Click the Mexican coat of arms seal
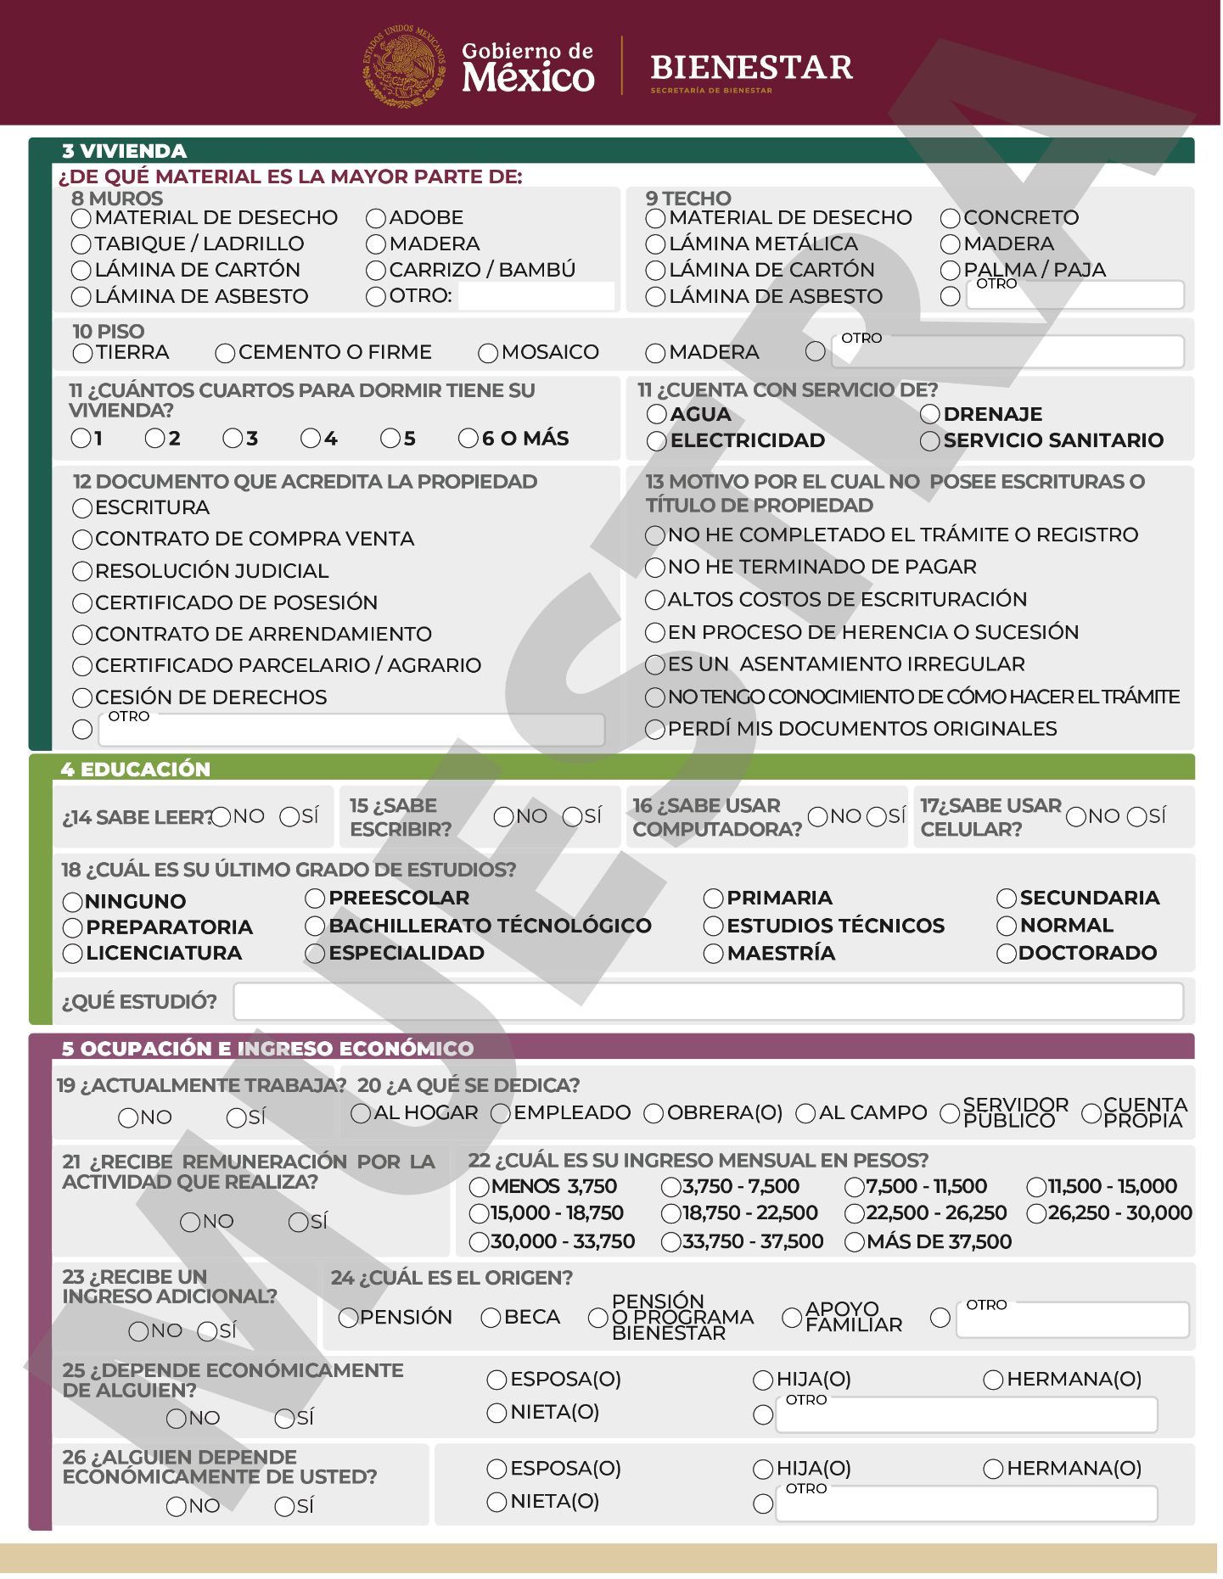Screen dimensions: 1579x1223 click(404, 66)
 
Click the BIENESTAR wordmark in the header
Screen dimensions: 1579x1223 click(751, 68)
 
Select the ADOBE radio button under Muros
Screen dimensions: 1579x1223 click(376, 219)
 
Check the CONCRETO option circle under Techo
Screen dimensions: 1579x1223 click(951, 219)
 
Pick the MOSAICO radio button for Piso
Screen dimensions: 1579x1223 click(488, 353)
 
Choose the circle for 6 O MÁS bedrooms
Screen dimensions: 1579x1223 click(468, 439)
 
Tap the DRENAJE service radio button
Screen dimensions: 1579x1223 click(930, 414)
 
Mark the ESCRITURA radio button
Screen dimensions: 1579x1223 click(82, 508)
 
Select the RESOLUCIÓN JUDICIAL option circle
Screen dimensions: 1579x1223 click(82, 572)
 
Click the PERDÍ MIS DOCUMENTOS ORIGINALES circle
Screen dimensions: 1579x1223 click(655, 730)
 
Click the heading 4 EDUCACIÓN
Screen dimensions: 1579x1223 click(136, 770)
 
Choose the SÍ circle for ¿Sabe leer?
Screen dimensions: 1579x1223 click(289, 817)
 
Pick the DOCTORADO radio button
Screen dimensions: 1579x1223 click(1007, 954)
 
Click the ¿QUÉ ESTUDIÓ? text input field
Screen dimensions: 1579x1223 click(708, 1002)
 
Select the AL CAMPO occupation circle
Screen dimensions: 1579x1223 click(805, 1113)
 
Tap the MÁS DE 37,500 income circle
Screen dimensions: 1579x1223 click(855, 1242)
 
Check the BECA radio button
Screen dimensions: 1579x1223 click(491, 1318)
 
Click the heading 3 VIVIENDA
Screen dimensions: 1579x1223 click(124, 151)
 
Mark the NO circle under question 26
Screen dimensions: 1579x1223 click(177, 1507)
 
